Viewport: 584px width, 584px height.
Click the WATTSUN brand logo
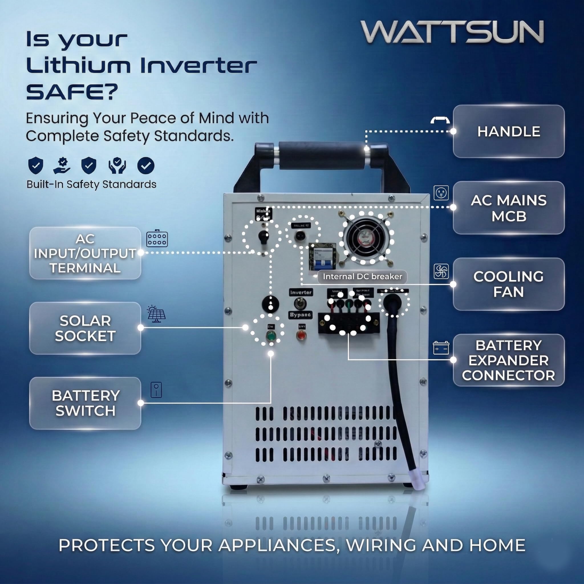point(452,32)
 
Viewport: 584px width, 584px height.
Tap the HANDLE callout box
point(508,131)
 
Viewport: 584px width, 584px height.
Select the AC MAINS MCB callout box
point(508,208)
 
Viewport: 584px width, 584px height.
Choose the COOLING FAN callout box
point(508,284)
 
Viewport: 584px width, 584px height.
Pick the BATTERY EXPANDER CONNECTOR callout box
point(508,360)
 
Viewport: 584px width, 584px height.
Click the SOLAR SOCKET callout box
point(85,328)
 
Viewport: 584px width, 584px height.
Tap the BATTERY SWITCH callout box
point(85,403)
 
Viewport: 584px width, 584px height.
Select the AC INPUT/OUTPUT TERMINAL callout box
point(85,253)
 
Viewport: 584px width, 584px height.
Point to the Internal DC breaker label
point(362,277)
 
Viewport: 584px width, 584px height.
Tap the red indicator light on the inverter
point(301,336)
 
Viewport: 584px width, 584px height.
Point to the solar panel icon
point(156,314)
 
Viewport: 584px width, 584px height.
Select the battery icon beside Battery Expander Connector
point(441,348)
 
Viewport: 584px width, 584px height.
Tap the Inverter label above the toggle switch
point(301,292)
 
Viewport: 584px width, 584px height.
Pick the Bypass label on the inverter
point(301,315)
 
